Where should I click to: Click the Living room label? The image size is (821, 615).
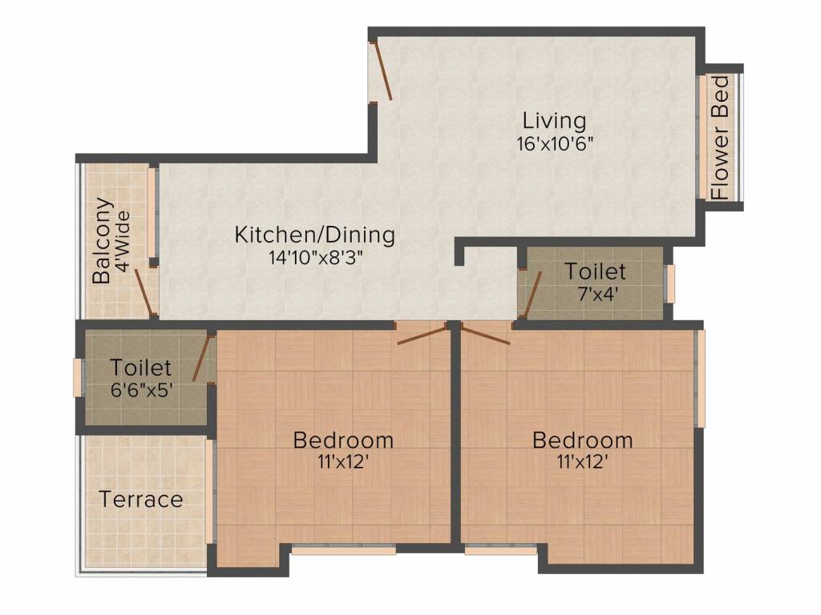(x=554, y=121)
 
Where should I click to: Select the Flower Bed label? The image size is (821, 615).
(x=722, y=137)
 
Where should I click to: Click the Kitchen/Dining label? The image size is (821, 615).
(x=314, y=235)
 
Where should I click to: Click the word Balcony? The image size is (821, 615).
(x=102, y=240)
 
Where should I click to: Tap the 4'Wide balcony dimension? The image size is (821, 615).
(x=123, y=240)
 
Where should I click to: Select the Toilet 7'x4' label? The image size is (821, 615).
(x=595, y=271)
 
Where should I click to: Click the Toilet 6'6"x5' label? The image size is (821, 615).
(x=141, y=368)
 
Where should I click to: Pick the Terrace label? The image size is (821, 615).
(x=141, y=500)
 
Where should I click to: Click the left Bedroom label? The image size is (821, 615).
(x=343, y=440)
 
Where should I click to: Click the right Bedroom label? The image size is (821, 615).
(x=582, y=440)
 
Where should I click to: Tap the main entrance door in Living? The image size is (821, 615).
(x=381, y=71)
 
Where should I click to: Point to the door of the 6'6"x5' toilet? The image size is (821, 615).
(x=202, y=359)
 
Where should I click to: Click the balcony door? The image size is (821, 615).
(x=144, y=290)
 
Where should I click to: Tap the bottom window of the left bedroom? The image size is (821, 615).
(x=343, y=550)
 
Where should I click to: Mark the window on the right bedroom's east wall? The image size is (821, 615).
(x=700, y=378)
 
